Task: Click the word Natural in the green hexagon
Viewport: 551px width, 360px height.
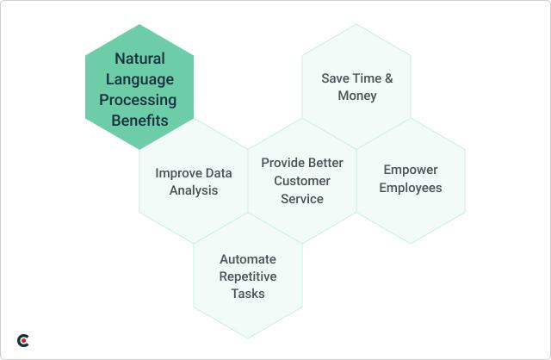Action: click(139, 59)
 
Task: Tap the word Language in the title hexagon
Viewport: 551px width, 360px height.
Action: click(139, 80)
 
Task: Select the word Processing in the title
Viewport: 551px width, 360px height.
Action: click(139, 100)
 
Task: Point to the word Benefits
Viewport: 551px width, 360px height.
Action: click(139, 121)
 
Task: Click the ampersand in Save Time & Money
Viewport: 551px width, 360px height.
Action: click(388, 78)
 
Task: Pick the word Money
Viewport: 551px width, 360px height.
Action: click(356, 96)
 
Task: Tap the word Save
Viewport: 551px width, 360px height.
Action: click(336, 78)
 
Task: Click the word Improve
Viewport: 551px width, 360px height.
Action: click(179, 172)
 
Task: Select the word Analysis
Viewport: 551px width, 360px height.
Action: click(193, 190)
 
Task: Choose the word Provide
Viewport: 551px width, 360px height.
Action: click(282, 162)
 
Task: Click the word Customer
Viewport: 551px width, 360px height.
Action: click(301, 180)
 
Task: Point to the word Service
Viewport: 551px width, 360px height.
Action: click(301, 198)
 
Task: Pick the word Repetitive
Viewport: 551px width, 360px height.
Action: click(248, 276)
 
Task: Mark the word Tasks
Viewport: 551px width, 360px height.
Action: click(248, 294)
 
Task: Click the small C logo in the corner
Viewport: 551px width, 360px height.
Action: click(23, 341)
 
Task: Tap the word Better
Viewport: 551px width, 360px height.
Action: click(325, 162)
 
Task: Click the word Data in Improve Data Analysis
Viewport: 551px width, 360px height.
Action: click(218, 172)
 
